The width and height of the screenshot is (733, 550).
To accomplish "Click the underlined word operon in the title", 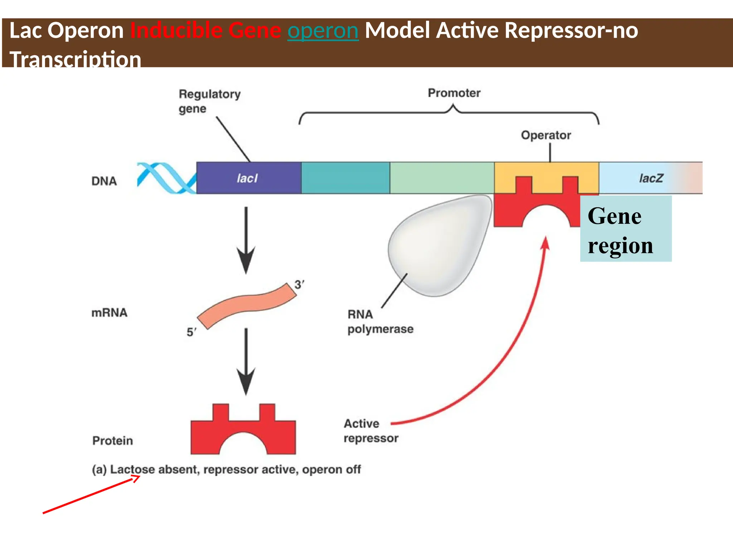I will click(x=323, y=31).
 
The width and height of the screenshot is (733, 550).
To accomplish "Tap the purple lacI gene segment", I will click(x=249, y=178).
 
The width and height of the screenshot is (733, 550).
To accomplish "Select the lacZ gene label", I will click(x=651, y=178).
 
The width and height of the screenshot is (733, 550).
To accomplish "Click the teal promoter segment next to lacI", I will click(x=345, y=178).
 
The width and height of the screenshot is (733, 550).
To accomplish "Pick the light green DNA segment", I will click(x=442, y=178).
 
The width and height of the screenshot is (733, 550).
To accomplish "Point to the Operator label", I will click(x=546, y=135).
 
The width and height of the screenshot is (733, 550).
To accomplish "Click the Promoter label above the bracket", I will click(x=454, y=93).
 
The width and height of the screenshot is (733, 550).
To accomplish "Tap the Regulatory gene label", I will click(x=209, y=101).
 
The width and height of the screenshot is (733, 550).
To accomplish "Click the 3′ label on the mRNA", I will click(x=299, y=285).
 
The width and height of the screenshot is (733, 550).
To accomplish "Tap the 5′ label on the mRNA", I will click(x=191, y=332).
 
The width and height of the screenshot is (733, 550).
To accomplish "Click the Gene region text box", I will click(x=626, y=229).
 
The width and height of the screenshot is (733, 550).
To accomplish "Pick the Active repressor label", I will click(x=370, y=431).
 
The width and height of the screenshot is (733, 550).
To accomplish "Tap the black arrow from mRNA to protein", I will click(x=246, y=362).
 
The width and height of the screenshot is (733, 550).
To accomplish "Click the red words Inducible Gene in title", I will click(x=205, y=31).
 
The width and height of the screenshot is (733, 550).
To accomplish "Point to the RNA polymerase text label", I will click(x=380, y=322).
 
